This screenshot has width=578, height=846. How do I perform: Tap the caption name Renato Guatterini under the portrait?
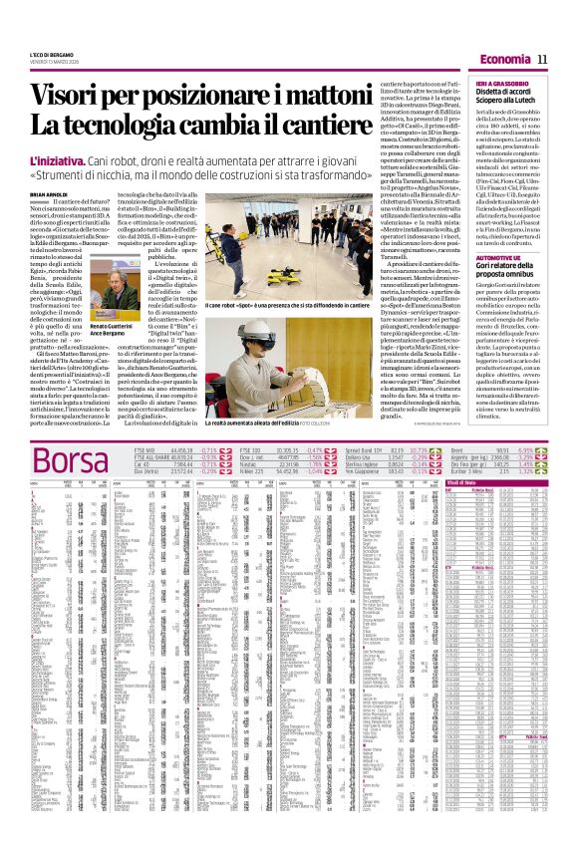click(105, 354)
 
